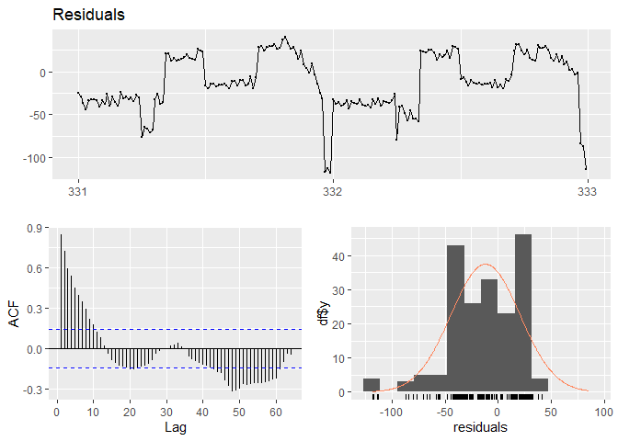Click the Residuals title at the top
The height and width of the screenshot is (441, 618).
tap(89, 16)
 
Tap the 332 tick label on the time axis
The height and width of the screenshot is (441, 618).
tap(332, 193)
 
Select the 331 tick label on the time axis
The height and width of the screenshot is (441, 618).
tap(78, 193)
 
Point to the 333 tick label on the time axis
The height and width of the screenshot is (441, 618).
tap(586, 193)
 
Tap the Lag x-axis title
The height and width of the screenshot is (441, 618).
tap(175, 428)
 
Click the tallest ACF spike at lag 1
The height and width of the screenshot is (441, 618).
tap(62, 292)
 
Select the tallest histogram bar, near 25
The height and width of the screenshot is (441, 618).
tap(523, 312)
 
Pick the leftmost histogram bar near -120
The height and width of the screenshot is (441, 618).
tap(372, 385)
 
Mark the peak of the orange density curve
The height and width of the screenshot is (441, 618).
tap(486, 265)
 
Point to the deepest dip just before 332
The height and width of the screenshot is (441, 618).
tap(326, 171)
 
